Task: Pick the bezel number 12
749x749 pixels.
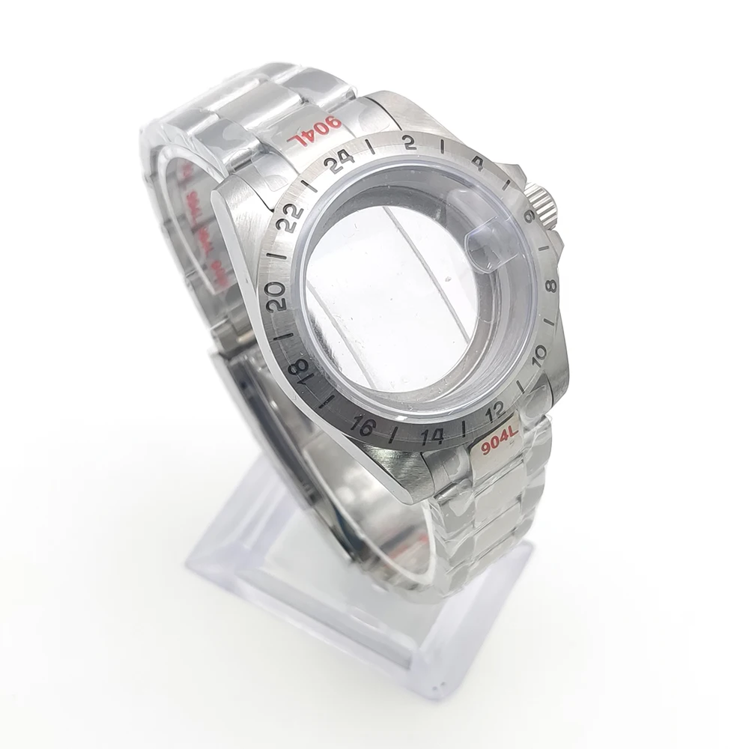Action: (x=495, y=411)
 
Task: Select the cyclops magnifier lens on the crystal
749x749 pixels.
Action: (x=486, y=243)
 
